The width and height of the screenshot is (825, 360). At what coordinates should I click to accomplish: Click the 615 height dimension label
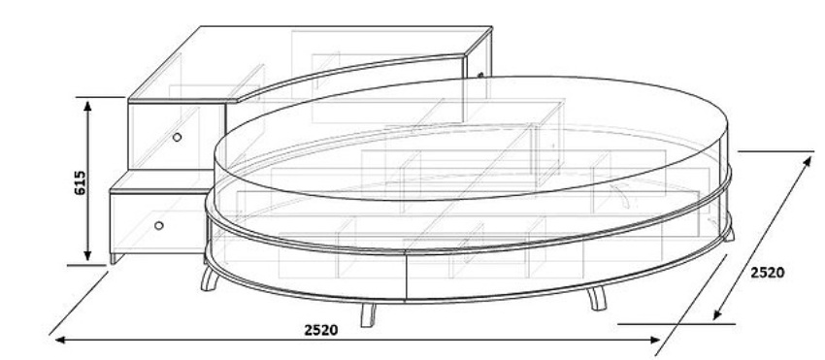point(80,183)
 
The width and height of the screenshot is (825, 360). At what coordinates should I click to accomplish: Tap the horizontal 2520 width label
point(321,330)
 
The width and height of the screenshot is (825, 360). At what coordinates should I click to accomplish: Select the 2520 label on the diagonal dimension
point(767,273)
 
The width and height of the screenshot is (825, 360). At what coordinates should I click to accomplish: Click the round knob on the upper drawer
point(177,138)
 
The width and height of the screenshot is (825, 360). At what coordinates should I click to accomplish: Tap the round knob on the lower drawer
point(159,226)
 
